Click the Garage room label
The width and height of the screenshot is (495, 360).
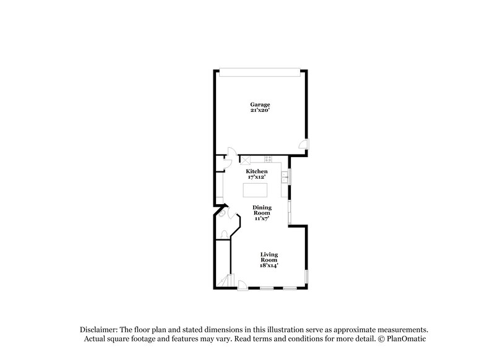[x=260, y=105]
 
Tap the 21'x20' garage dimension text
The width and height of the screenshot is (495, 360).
[x=260, y=110]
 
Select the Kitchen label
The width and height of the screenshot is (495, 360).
[x=257, y=171]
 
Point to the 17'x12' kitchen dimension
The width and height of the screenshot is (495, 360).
[x=257, y=176]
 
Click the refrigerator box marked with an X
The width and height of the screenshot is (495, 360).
[x=244, y=158]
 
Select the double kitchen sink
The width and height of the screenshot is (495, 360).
[x=285, y=177]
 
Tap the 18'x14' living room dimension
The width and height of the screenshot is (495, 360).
[x=269, y=265]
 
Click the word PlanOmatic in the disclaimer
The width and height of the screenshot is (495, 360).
[x=406, y=339]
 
